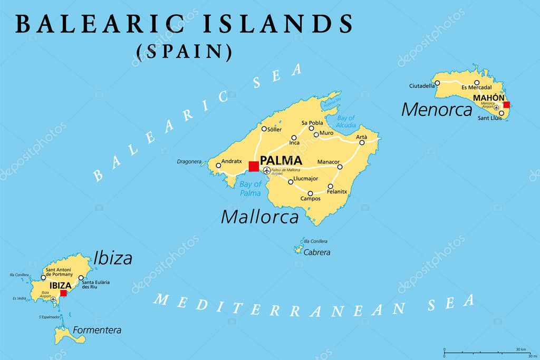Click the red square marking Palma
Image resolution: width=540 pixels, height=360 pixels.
click(254, 167)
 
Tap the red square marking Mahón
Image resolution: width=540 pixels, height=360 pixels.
click(507, 104)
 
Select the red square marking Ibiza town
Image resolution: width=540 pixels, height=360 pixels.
click(63, 293)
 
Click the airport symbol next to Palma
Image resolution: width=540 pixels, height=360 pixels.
click(266, 170)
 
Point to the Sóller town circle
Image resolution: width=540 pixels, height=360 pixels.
click(264, 129)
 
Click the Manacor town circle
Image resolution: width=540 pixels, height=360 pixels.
click(340, 167)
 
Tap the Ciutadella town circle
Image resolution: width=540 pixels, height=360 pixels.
click(437, 83)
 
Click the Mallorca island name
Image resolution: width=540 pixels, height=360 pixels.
click(259, 216)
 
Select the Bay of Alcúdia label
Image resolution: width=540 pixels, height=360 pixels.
click(346, 122)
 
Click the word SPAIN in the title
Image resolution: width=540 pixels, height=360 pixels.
click(184, 52)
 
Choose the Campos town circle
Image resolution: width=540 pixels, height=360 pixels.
click(310, 193)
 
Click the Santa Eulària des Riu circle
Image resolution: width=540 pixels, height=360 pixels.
click(81, 278)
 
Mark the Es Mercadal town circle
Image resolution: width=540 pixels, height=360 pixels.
click(477, 82)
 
